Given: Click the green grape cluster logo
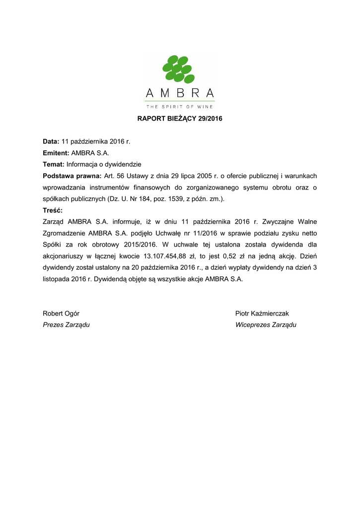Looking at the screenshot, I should [x=179, y=69].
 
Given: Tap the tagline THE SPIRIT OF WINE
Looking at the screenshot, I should [x=180, y=106].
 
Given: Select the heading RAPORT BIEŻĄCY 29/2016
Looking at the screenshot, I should [x=180, y=119].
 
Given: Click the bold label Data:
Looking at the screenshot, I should [x=51, y=141].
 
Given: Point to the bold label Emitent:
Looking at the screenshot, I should [x=56, y=153].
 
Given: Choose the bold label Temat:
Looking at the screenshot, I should [x=54, y=164].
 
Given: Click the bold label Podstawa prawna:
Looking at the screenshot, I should [x=72, y=176].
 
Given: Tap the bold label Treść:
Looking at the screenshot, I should [x=53, y=210].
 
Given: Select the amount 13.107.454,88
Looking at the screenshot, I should [x=165, y=256].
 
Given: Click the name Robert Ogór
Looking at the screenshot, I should [x=61, y=314].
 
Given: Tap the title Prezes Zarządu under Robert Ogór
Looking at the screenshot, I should [x=66, y=325].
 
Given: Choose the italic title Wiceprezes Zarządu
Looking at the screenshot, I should [x=266, y=325].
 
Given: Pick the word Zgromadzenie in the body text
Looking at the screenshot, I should [x=64, y=233].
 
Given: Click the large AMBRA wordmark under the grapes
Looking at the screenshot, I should [x=180, y=93].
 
